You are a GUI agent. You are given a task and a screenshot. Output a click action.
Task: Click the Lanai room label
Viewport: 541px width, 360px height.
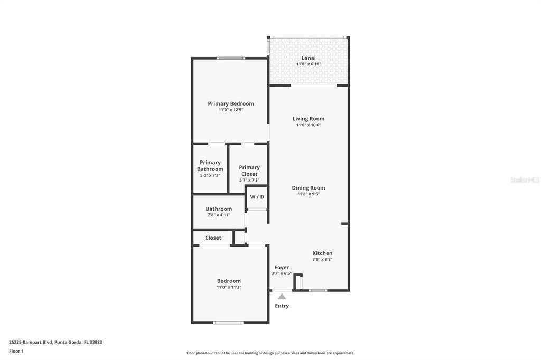[309, 58]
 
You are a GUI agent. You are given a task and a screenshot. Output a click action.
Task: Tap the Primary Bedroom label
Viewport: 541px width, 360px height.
[231, 103]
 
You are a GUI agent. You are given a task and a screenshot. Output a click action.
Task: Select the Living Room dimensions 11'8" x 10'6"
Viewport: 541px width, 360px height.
[309, 125]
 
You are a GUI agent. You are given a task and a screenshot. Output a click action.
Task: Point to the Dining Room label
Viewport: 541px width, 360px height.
[309, 188]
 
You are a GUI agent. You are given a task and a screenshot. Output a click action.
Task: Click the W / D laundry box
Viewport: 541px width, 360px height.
[257, 197]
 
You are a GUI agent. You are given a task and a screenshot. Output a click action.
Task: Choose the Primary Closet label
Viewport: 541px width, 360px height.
[249, 170]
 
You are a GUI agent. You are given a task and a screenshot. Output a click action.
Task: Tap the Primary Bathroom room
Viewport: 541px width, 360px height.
[210, 168]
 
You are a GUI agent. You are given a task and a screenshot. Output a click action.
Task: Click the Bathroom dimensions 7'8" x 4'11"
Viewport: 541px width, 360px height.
[218, 215]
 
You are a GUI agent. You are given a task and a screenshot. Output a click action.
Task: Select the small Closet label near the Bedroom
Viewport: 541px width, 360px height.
[213, 238]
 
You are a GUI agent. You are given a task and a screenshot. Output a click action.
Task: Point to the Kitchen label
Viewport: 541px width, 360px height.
[322, 253]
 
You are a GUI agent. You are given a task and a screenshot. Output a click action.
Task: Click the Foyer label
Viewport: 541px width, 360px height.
[282, 267]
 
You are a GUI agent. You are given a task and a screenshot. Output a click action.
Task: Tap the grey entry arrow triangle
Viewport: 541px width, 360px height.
[282, 296]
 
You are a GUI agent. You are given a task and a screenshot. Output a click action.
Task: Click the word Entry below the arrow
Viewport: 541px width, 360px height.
[282, 306]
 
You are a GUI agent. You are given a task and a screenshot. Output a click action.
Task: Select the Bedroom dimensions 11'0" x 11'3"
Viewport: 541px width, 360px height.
[229, 287]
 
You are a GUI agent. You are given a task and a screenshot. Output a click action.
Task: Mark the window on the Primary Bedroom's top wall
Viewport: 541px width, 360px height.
[231, 58]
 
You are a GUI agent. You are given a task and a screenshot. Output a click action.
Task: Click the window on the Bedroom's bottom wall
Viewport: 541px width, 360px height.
[229, 323]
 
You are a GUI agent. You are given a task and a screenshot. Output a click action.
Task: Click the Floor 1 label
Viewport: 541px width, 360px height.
[16, 351]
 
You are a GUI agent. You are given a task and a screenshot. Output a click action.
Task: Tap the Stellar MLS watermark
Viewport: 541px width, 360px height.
[525, 180]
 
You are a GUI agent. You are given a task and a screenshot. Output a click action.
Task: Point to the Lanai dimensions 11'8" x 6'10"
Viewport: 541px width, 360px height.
[309, 64]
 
